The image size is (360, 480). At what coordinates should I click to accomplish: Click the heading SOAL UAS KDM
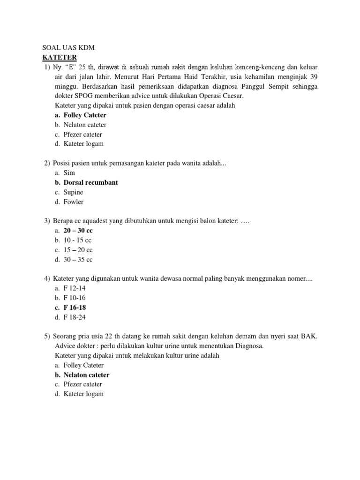tap(68, 47)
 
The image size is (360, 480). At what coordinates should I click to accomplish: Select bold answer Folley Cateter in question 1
tap(85, 115)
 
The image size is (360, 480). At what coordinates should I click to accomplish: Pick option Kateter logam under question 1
tap(83, 144)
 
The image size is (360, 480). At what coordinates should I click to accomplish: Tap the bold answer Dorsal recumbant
tap(90, 182)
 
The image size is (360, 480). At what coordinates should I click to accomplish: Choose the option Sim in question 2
tap(69, 173)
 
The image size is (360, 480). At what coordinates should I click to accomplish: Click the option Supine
tap(73, 192)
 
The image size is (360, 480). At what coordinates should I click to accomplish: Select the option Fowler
tap(74, 202)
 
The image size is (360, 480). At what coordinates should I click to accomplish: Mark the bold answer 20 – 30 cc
tap(78, 231)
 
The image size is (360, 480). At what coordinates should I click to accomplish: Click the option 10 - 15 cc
tap(78, 240)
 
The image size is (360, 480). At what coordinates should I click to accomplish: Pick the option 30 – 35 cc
tap(78, 260)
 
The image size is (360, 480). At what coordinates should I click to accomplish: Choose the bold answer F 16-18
tap(75, 307)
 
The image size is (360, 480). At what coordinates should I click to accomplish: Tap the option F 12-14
tap(75, 288)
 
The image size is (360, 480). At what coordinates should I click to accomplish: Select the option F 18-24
tap(75, 317)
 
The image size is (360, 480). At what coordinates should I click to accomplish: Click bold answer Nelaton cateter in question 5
tap(86, 375)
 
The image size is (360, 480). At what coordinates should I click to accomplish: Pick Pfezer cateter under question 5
tap(82, 384)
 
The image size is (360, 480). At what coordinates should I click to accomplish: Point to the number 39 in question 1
tap(314, 77)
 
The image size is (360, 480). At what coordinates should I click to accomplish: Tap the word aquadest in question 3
tap(96, 221)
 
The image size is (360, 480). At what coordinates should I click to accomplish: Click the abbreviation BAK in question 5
tap(310, 337)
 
